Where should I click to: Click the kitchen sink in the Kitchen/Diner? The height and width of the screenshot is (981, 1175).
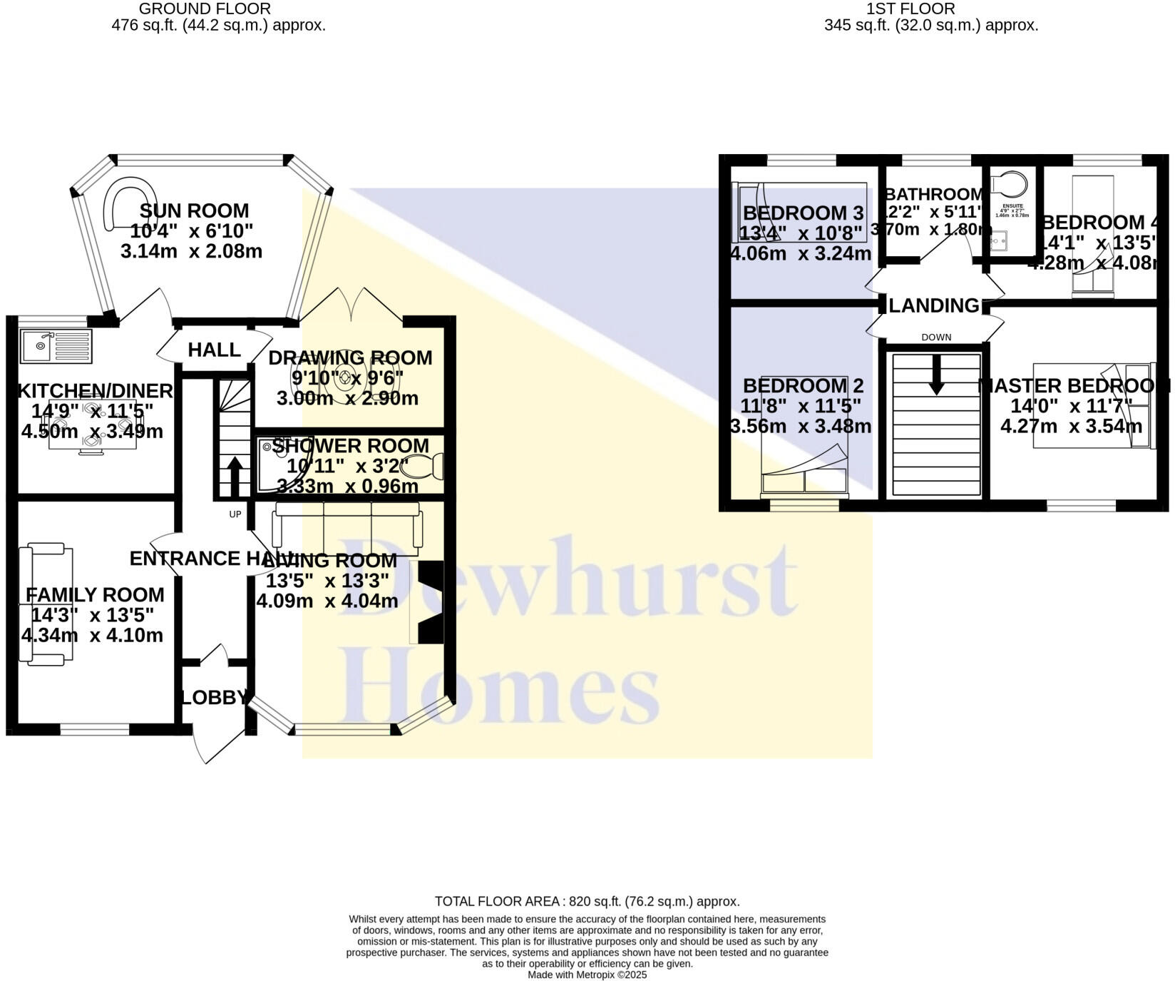(56, 346)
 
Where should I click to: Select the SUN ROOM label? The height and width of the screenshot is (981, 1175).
(194, 211)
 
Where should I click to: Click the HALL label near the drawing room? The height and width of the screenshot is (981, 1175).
(214, 350)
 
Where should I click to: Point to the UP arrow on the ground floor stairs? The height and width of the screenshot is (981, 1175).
(234, 471)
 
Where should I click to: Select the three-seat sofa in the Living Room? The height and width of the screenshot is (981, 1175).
(348, 524)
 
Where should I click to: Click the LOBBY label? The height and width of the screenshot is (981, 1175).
(215, 697)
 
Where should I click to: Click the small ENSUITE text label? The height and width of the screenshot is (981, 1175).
(1012, 206)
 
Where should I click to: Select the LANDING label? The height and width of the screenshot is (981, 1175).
(934, 305)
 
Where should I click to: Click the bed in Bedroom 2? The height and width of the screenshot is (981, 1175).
(804, 435)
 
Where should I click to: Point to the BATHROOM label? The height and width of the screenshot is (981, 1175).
(934, 194)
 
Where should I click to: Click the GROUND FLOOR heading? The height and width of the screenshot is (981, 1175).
(205, 9)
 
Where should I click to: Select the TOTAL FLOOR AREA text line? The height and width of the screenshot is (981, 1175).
(587, 901)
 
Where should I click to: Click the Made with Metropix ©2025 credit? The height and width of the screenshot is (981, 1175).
(587, 974)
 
